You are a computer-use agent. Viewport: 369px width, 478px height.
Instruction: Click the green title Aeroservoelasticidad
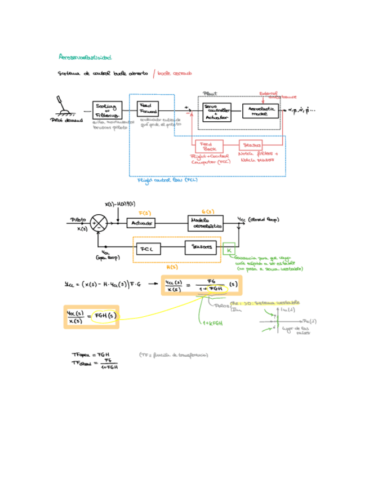click(x=85, y=57)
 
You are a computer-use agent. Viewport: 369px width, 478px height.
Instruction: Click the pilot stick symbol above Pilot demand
click(x=63, y=105)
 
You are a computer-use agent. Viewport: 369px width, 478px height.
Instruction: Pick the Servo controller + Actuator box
click(x=217, y=112)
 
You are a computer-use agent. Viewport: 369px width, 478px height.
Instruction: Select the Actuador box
click(x=141, y=223)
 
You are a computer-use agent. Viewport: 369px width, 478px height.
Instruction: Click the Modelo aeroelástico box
click(x=204, y=223)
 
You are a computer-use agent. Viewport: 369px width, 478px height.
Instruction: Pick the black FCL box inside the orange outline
click(x=148, y=247)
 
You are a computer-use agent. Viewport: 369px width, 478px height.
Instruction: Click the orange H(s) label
click(x=180, y=267)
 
